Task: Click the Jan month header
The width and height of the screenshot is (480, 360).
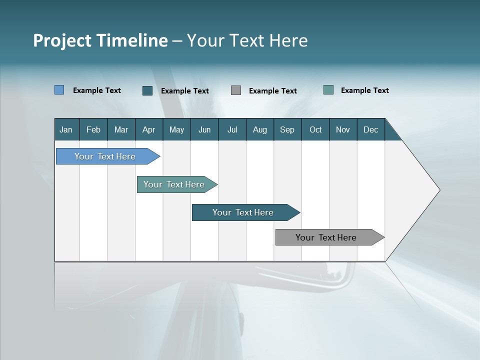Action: tap(66, 129)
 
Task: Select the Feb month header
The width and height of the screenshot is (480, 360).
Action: tap(93, 129)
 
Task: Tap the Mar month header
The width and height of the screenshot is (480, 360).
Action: tap(121, 129)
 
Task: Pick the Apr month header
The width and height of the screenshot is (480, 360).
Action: tap(149, 129)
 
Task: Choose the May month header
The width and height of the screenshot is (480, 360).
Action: tap(176, 129)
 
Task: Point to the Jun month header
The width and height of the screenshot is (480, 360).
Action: tap(204, 129)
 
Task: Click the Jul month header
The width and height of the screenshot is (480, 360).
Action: tap(232, 129)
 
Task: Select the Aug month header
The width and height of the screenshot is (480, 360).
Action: tap(260, 129)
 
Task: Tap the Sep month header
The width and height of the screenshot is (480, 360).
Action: tap(287, 129)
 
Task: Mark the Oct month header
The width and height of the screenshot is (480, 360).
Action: tap(315, 129)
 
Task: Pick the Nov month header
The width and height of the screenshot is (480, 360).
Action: tap(343, 129)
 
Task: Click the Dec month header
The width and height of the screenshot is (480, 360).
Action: tap(371, 129)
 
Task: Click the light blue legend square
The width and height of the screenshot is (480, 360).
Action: tap(59, 90)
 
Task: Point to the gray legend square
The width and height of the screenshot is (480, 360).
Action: tap(236, 90)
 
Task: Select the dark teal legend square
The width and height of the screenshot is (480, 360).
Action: tap(147, 90)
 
